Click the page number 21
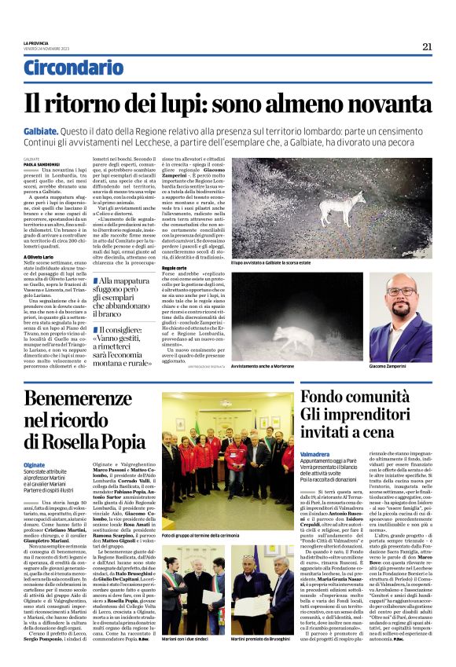tap(427, 46)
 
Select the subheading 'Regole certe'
tap(174, 268)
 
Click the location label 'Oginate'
tap(35, 464)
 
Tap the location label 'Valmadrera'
tap(314, 454)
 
